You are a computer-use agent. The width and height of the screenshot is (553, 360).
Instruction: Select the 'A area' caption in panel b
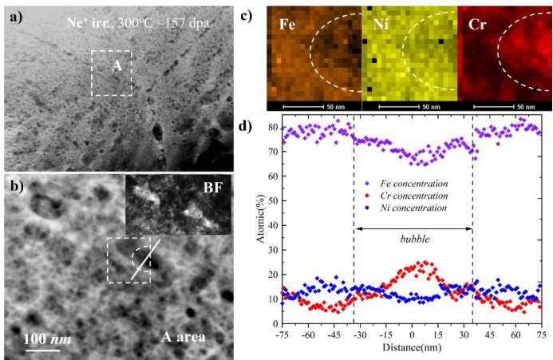click(x=178, y=337)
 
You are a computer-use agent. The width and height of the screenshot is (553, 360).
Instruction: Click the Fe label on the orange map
click(x=288, y=26)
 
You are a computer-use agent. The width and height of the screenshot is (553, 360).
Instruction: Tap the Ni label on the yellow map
click(x=382, y=26)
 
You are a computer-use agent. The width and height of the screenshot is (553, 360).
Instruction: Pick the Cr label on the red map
click(x=476, y=26)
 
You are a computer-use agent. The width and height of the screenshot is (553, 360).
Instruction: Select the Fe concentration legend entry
click(x=407, y=183)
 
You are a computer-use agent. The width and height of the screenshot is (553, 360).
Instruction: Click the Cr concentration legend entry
click(x=407, y=196)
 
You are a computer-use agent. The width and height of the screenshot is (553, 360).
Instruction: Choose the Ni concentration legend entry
click(x=407, y=208)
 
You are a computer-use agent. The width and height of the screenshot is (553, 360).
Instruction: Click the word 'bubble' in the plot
click(x=413, y=239)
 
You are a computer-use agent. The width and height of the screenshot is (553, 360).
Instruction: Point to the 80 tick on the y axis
click(x=273, y=128)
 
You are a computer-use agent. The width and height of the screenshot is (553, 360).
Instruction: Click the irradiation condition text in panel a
click(x=138, y=23)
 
